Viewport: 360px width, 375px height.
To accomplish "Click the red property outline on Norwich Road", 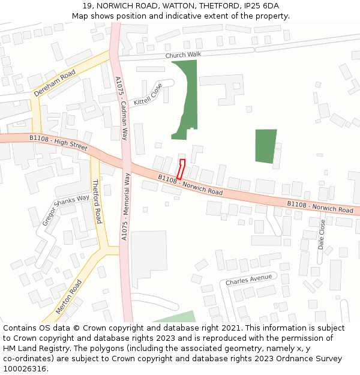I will tap(181, 169).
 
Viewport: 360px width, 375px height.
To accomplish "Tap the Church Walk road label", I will tap(183, 55).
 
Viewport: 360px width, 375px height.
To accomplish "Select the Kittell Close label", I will tap(148, 94).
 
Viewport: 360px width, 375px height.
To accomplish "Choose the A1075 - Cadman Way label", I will tap(121, 109).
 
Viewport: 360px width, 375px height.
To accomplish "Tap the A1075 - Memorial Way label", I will tap(126, 207).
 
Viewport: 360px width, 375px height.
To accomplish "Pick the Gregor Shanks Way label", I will tap(66, 210).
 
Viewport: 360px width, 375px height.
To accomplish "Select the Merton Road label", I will tap(68, 296).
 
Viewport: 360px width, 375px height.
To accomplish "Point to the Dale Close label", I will tap(322, 234).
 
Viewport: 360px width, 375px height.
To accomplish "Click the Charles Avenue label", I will tap(248, 280).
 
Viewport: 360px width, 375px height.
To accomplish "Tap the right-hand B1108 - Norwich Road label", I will tap(320, 207).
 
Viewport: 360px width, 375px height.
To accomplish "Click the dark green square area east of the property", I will tap(266, 146).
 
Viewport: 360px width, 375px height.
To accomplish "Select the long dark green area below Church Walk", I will tap(187, 96).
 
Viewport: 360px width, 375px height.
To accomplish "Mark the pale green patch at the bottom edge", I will tap(178, 317).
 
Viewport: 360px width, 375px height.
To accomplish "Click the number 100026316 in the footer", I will tap(25, 368).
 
